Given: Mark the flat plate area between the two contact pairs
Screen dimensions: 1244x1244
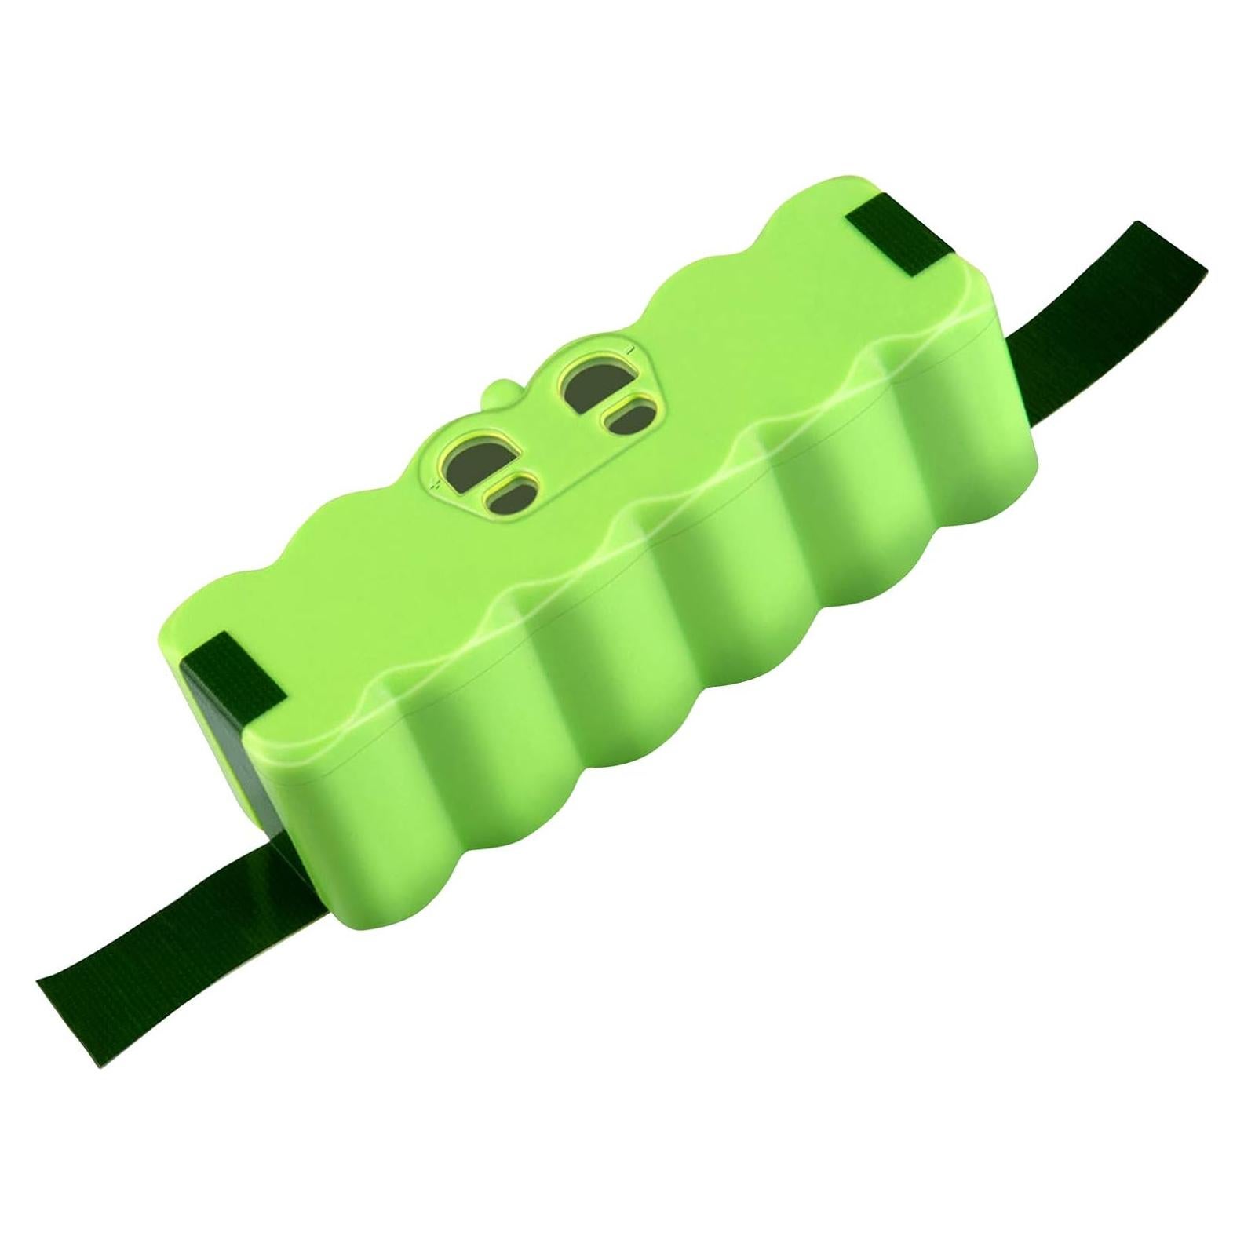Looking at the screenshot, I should pos(542,440).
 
